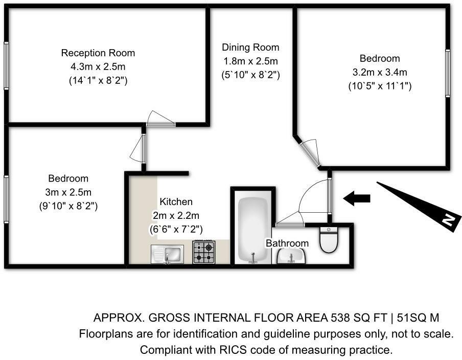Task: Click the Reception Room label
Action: tap(98, 53)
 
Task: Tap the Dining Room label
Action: tap(250, 48)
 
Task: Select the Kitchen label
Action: tap(176, 201)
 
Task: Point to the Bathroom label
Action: tap(287, 243)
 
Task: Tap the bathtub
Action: tap(253, 230)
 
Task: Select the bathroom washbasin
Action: tap(291, 256)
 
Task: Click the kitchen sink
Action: tap(167, 254)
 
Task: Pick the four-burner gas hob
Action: tap(204, 252)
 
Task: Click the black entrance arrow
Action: tap(357, 198)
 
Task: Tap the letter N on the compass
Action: tap(448, 220)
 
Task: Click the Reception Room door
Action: tap(161, 119)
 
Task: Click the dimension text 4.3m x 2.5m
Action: tap(98, 66)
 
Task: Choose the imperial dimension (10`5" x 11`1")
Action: tap(380, 86)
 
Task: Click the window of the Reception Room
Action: tap(6, 65)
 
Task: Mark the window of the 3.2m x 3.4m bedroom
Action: tap(448, 73)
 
